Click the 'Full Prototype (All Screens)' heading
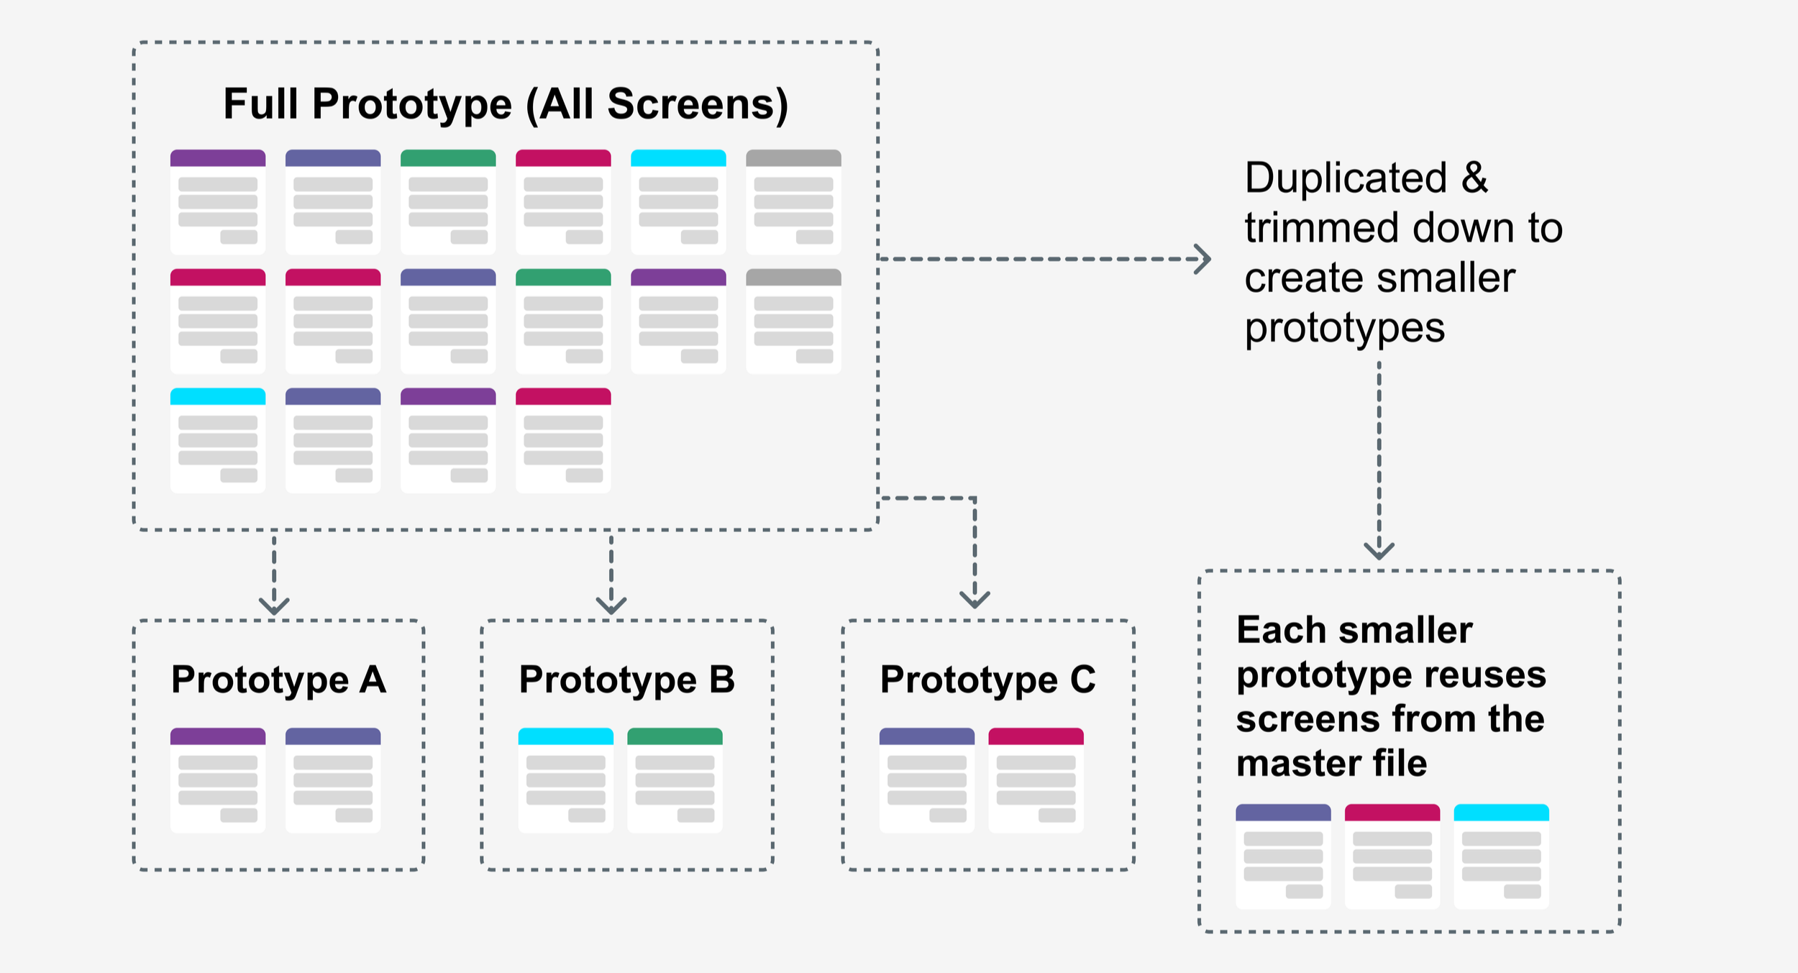tap(506, 104)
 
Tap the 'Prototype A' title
tap(279, 680)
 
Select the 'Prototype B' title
tap(627, 680)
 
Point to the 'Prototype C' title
tap(988, 680)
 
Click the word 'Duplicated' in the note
tap(1346, 178)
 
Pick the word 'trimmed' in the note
tap(1323, 228)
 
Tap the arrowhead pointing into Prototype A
tap(274, 606)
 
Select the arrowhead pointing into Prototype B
tap(611, 606)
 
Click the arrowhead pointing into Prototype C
tap(975, 600)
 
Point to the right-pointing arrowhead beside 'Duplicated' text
tap(1203, 259)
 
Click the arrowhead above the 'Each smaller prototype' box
tap(1379, 551)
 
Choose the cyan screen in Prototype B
tap(566, 780)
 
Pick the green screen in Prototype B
tap(675, 780)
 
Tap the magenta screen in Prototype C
tap(1036, 780)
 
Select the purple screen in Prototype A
tap(218, 780)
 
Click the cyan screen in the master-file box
tap(1502, 856)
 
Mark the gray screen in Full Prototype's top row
tap(793, 202)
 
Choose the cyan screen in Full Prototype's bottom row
tap(218, 440)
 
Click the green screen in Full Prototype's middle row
tap(563, 321)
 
